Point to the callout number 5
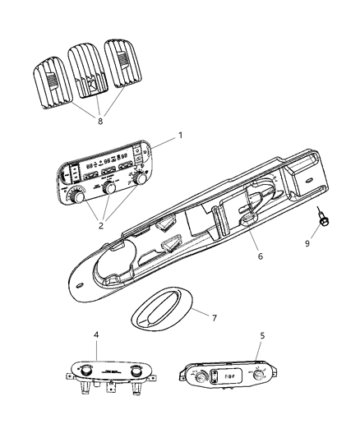[x=261, y=334]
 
